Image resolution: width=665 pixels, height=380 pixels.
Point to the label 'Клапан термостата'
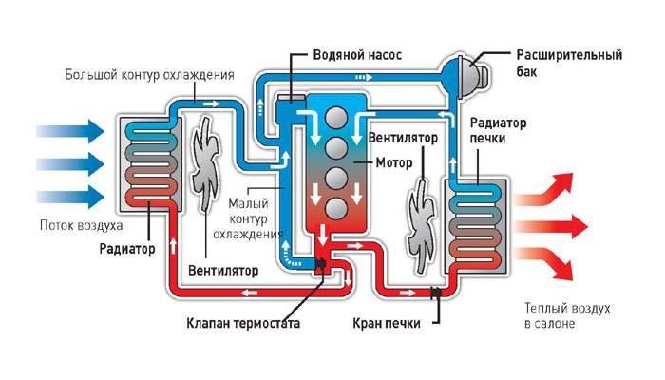coord(244,323)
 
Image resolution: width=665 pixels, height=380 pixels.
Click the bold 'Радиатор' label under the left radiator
coord(125,250)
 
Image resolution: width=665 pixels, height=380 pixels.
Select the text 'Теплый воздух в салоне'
coord(566,317)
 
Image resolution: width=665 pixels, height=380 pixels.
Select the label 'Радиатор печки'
coord(498,131)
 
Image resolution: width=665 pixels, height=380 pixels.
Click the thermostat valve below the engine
coord(321,263)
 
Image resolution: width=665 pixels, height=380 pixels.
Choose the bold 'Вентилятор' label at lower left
coord(223,270)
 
